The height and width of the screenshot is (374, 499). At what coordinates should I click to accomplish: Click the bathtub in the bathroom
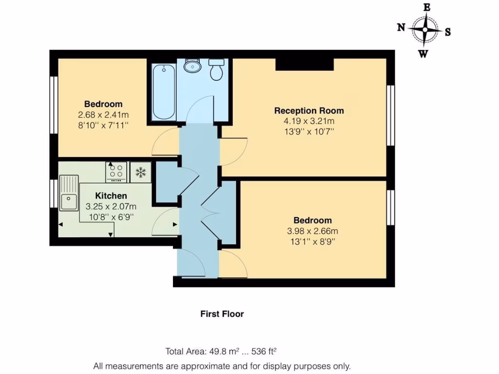coord(163,92)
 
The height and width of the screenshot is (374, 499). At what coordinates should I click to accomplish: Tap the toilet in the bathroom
coord(216,70)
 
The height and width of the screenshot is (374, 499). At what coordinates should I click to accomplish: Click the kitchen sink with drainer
coord(69,193)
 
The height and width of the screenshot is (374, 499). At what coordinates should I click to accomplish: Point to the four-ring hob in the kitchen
coord(116,172)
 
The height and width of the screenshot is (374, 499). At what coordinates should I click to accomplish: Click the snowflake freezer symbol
coord(141,172)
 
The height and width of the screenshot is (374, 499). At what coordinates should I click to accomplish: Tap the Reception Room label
coord(309,111)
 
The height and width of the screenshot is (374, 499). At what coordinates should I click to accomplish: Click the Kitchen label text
coord(111,196)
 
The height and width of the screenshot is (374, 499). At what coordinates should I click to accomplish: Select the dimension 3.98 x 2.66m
coord(312,231)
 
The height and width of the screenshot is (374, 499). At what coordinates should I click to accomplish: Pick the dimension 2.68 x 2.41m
coord(103,115)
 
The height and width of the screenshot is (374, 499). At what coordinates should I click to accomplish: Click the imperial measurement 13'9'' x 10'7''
coord(309,131)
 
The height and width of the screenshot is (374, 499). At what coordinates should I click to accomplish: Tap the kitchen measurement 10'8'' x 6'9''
coord(111,217)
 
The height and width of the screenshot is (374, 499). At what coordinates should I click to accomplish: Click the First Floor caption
coord(222,314)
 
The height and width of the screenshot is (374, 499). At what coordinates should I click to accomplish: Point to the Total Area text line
coord(224,351)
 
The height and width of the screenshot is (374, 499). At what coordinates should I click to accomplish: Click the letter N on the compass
coord(401,28)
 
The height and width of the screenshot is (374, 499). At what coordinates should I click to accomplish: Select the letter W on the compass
coord(423,54)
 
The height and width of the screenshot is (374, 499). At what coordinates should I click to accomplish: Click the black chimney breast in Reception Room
coord(305,64)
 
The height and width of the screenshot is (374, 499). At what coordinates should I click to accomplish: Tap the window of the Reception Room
coord(390,115)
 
